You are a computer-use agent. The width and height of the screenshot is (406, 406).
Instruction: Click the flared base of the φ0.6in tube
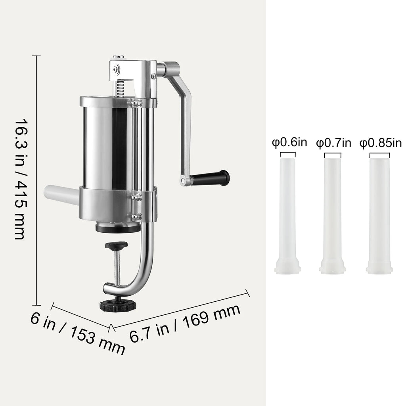tap(288, 267)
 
